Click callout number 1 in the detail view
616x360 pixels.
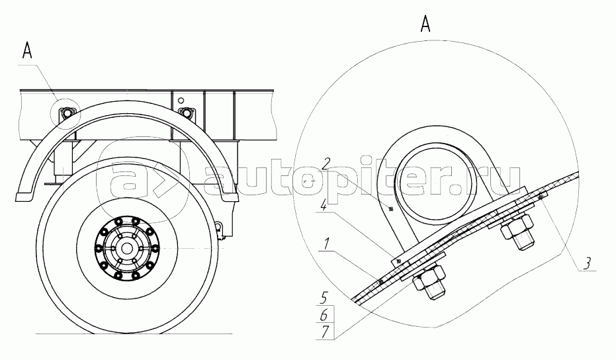click(x=325, y=244)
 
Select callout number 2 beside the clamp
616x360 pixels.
click(x=325, y=163)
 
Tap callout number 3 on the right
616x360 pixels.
click(x=586, y=263)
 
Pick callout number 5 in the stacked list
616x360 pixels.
click(x=324, y=298)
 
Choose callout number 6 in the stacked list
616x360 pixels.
click(x=324, y=315)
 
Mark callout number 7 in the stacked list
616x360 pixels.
click(x=324, y=332)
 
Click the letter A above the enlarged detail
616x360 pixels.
click(x=425, y=24)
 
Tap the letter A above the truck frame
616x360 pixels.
click(x=27, y=51)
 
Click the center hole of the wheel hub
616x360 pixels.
click(x=126, y=248)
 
